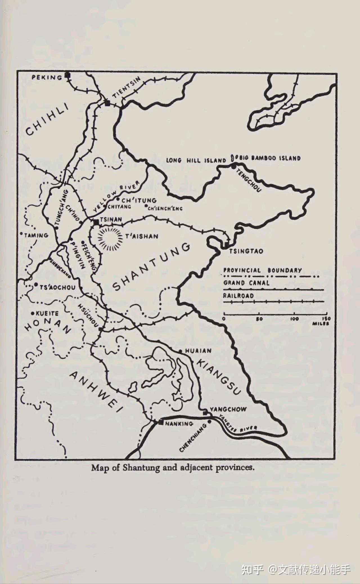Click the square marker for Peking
67,75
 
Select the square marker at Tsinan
96,222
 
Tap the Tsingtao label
246,251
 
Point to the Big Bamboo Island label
270,158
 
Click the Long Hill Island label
196,160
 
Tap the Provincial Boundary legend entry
262,270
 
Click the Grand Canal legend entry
246,283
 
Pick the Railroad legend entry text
238,296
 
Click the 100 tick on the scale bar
294,314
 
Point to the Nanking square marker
161,422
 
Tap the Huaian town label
198,351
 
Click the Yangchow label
228,409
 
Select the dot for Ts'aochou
36,285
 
